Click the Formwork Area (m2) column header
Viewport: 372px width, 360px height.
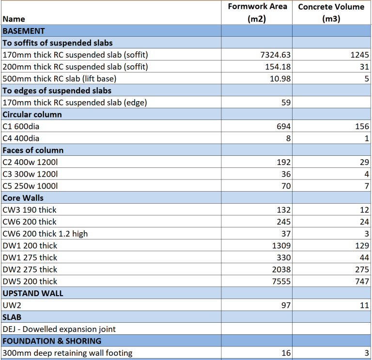point(257,13)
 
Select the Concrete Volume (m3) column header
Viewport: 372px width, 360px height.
point(331,13)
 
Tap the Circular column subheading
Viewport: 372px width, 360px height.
point(32,114)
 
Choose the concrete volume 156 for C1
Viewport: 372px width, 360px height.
point(362,126)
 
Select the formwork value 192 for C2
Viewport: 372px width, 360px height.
point(283,162)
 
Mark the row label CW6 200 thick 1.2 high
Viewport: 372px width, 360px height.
point(46,234)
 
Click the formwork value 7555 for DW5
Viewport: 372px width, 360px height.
point(281,281)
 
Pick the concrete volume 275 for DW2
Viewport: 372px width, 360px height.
point(362,270)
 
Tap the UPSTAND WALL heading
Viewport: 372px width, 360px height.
point(33,293)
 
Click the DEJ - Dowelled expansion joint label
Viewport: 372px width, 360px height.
point(59,329)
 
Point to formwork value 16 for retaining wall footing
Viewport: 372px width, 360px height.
point(286,353)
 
